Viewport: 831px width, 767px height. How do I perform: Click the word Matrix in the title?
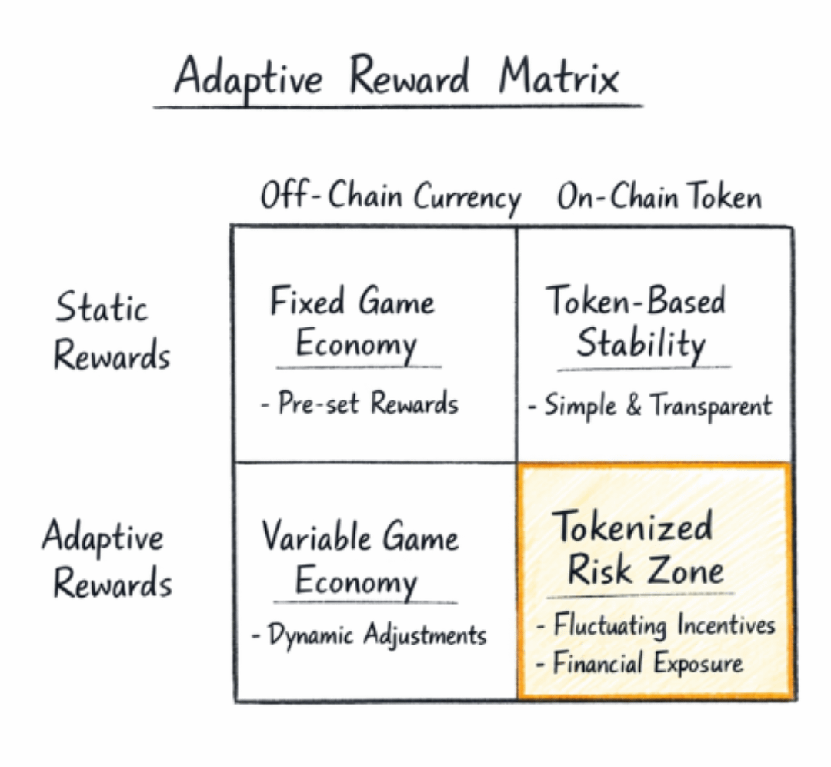[x=559, y=78]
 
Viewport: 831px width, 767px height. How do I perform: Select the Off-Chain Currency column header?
[x=390, y=197]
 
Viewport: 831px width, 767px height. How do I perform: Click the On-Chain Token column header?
[x=659, y=197]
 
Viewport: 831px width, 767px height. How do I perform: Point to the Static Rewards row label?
[x=112, y=331]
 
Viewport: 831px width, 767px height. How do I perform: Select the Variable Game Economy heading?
[x=359, y=558]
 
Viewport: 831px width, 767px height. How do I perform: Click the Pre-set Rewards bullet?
[x=359, y=404]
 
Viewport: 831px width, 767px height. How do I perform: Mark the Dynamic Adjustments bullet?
[x=369, y=636]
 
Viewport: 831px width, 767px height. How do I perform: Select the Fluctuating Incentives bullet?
[x=656, y=625]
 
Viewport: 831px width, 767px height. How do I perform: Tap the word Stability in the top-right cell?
[x=640, y=344]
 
